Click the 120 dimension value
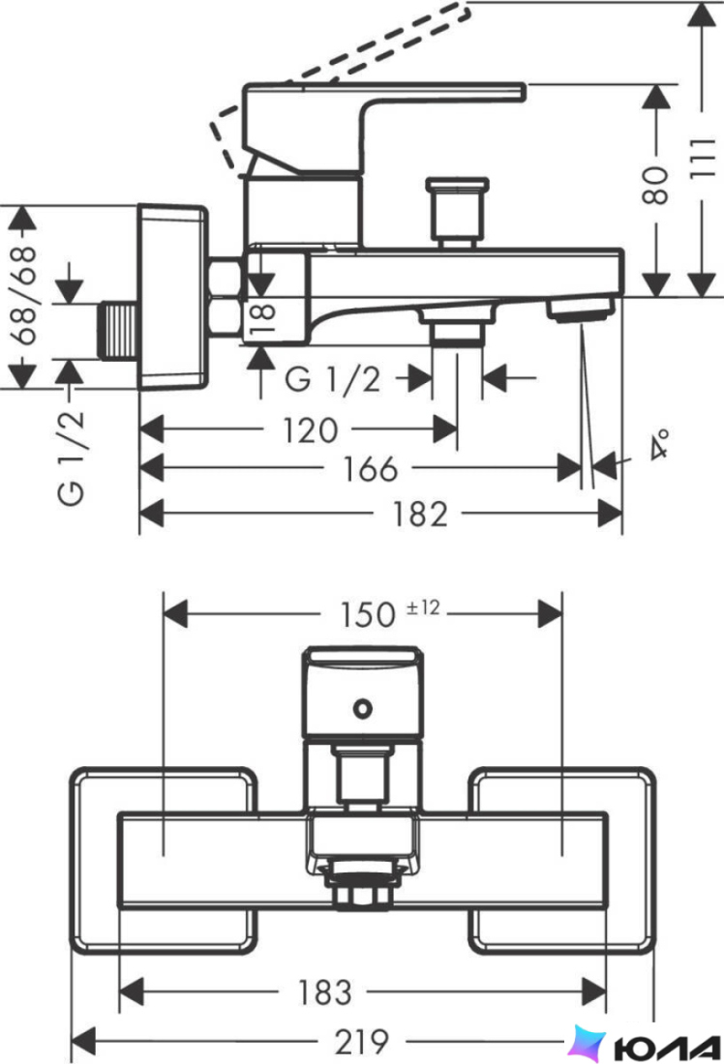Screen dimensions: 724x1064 [310, 430]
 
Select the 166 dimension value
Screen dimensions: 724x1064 [370, 469]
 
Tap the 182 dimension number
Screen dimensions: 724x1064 [420, 514]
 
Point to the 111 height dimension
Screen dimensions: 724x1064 [703, 158]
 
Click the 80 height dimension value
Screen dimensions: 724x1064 [655, 185]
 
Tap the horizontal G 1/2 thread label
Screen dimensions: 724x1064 [332, 378]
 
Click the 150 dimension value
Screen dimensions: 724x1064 [368, 614]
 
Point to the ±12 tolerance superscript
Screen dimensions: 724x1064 [423, 606]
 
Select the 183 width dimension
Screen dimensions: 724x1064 [324, 992]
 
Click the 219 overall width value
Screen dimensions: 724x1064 [362, 1041]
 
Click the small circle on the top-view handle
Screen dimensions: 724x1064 [363, 709]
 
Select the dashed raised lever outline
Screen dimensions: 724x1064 [340, 88]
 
